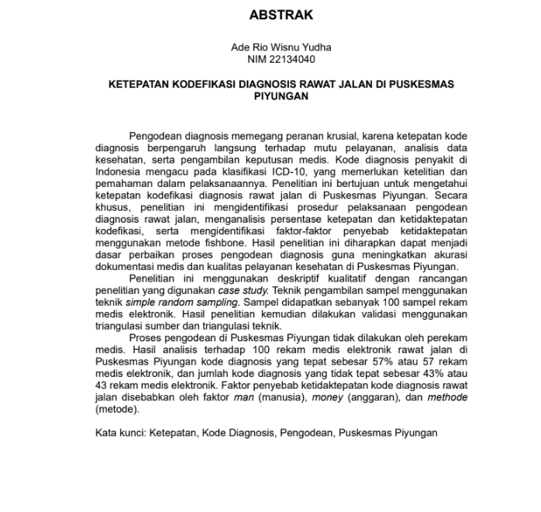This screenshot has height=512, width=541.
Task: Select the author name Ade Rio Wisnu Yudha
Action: (x=281, y=47)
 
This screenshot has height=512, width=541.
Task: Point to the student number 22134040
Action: (x=293, y=59)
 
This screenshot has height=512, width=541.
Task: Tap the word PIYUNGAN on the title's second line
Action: (x=281, y=96)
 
